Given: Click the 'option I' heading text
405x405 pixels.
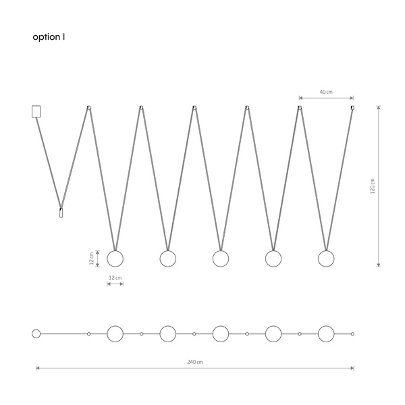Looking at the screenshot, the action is pyautogui.click(x=49, y=37).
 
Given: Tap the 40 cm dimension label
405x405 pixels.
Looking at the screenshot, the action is pyautogui.click(x=326, y=92).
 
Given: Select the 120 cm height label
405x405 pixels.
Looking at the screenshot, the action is pyautogui.click(x=373, y=186).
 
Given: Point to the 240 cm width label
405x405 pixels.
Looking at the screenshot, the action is pyautogui.click(x=195, y=362).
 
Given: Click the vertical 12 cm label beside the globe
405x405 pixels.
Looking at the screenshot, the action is pyautogui.click(x=91, y=259).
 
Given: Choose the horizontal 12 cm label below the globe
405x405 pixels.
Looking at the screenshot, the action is pyautogui.click(x=115, y=278).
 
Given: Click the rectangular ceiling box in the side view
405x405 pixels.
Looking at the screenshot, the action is pyautogui.click(x=36, y=111).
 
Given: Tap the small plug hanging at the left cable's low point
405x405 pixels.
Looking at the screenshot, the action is pyautogui.click(x=61, y=213).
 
